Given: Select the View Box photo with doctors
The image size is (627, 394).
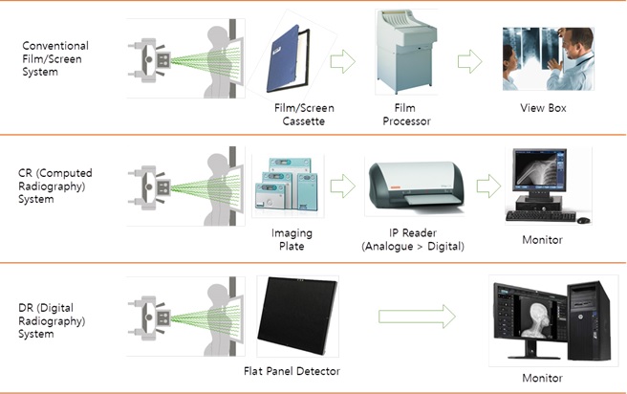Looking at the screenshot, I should pos(542,58).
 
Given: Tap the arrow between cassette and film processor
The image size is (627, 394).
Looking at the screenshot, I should pos(341,63).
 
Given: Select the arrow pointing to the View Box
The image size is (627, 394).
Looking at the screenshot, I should pos(468,62).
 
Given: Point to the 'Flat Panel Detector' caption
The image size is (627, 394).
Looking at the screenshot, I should pos(299,371).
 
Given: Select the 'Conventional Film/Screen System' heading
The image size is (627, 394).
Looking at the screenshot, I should pos(54,59).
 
